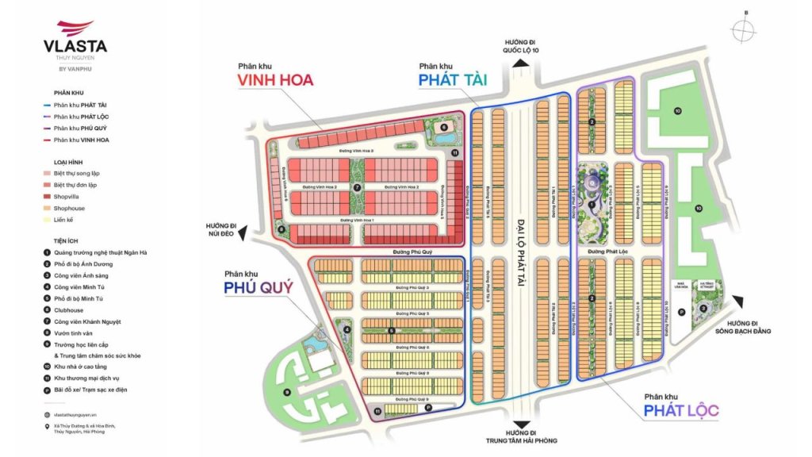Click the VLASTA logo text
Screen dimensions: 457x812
[77, 46]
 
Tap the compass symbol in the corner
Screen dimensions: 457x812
[745, 30]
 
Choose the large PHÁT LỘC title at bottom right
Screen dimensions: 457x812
[681, 410]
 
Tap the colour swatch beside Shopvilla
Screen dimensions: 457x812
[48, 196]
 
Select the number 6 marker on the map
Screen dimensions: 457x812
[443, 127]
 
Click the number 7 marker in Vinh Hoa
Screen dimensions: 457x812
[357, 188]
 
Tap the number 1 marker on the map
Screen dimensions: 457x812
[592, 205]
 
